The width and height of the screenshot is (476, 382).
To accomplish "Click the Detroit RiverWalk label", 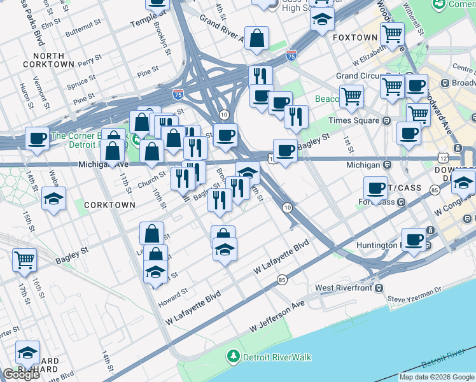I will tap(277, 357).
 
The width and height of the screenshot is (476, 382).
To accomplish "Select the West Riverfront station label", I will tap(342, 288).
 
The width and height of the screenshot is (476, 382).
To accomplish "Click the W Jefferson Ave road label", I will tap(277, 317).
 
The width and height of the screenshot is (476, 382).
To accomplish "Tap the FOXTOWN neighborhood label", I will tap(354, 38).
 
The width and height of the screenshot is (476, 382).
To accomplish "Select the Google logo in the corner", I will tap(21, 374).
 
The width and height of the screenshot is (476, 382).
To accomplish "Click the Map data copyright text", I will tap(437, 377).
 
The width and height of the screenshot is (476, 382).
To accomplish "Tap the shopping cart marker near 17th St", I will tap(25, 258).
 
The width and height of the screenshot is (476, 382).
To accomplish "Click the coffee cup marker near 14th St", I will tap(38, 137).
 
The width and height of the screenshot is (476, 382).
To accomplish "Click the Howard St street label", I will tap(176, 294).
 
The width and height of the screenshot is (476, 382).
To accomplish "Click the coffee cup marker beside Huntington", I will tap(414, 239).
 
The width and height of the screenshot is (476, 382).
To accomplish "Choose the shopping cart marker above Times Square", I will tap(351, 96).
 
